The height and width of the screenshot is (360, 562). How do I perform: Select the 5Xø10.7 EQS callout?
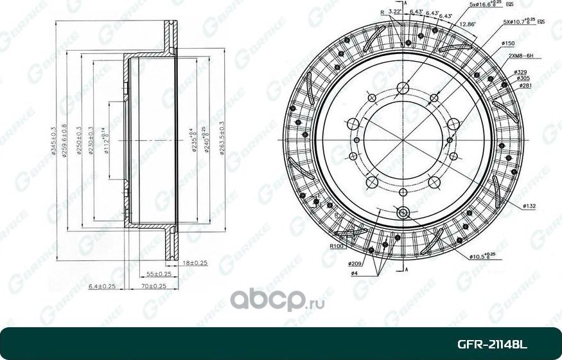click(523, 21)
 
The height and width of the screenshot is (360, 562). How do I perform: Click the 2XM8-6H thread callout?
click(520, 57)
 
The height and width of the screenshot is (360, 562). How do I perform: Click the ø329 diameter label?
click(522, 71)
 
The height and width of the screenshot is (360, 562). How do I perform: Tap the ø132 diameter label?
click(529, 206)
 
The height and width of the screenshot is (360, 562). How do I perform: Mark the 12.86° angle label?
click(467, 24)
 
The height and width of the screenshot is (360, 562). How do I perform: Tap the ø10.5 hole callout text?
click(480, 256)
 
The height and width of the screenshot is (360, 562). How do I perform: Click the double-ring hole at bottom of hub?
click(403, 213)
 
